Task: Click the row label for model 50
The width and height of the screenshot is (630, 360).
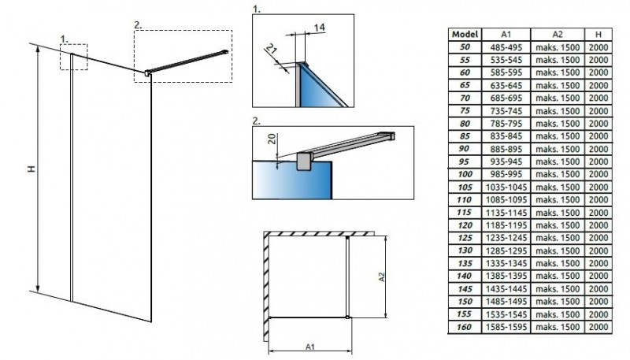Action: tap(465, 48)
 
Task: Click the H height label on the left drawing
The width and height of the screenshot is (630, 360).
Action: tap(28, 169)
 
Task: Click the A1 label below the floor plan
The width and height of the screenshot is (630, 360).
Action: tap(310, 345)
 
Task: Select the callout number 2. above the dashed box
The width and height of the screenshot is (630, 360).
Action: tap(138, 24)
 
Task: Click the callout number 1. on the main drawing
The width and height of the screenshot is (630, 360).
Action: tap(65, 36)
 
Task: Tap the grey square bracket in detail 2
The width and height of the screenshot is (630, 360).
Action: tap(303, 162)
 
